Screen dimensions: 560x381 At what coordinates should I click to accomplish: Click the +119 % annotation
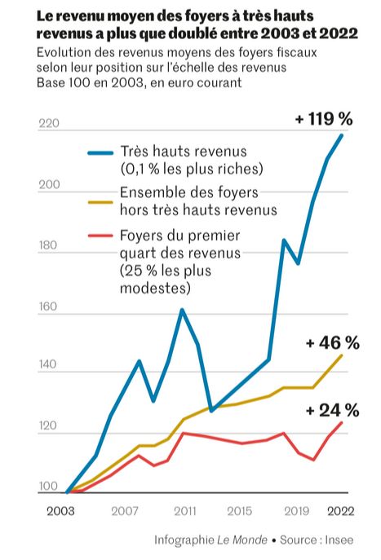pos(324,119)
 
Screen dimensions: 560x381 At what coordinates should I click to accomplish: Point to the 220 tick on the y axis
pos(49,125)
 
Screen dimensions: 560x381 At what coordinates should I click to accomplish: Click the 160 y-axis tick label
pos(49,308)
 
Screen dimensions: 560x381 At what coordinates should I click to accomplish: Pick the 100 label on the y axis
pos(49,487)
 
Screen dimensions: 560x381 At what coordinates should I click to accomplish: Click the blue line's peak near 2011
pos(181,310)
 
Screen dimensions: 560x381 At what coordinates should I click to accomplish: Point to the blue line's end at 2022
pos(342,134)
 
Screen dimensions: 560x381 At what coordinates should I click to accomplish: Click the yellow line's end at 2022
pos(342,355)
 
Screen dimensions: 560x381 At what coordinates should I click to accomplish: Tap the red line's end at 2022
pos(342,422)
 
